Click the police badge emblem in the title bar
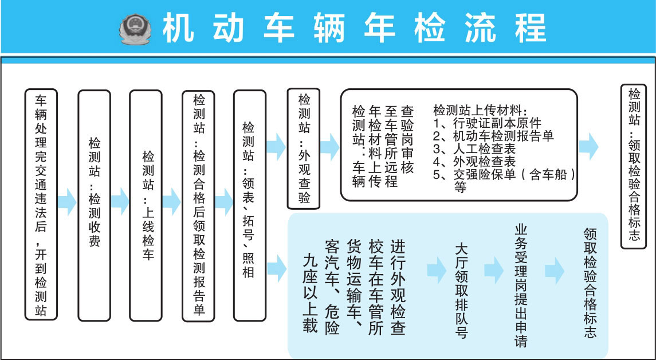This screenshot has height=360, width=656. (x=136, y=28)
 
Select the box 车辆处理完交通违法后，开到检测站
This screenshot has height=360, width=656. (x=41, y=205)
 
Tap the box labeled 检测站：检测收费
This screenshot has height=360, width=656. (x=94, y=205)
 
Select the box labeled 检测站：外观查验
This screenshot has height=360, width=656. (x=304, y=148)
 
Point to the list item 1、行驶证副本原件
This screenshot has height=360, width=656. (x=488, y=122)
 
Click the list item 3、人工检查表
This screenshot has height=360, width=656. (x=475, y=149)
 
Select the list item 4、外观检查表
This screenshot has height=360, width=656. (x=475, y=162)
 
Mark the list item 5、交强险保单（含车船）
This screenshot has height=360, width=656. (x=504, y=175)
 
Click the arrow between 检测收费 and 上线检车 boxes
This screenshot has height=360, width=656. (x=120, y=201)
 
